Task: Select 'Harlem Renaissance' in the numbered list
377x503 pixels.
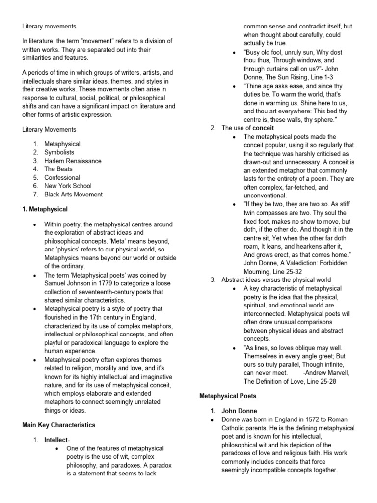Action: pyautogui.click(x=73, y=161)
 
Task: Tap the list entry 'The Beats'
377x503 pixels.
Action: pyautogui.click(x=58, y=169)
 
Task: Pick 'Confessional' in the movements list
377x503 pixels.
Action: pyautogui.click(x=62, y=177)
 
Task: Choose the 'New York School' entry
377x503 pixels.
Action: pyautogui.click(x=68, y=186)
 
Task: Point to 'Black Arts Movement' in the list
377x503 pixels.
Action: pyautogui.click(x=73, y=194)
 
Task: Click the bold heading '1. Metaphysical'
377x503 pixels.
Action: pyautogui.click(x=45, y=209)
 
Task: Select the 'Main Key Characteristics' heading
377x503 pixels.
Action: pyautogui.click(x=59, y=425)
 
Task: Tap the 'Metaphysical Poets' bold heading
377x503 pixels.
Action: pyautogui.click(x=227, y=395)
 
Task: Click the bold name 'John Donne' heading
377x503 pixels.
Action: pyautogui.click(x=239, y=411)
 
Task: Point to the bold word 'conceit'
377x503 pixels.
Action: pyautogui.click(x=264, y=128)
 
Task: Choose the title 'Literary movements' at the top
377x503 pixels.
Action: pyautogui.click(x=49, y=26)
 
